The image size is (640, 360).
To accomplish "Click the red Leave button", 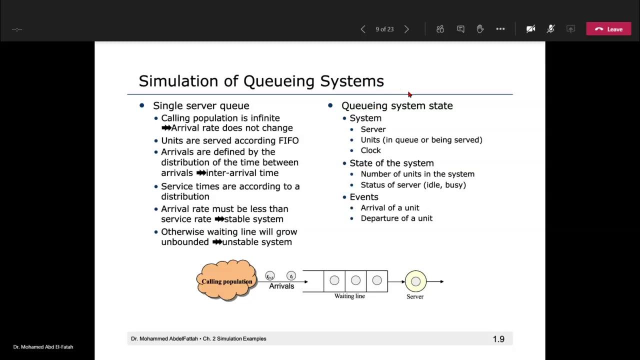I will [608, 29].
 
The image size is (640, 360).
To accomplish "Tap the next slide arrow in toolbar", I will [406, 29].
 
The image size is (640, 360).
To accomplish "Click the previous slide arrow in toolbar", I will [363, 29].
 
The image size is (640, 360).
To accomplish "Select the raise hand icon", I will [480, 29].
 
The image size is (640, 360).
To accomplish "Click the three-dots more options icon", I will [500, 29].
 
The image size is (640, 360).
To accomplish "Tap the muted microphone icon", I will [550, 29].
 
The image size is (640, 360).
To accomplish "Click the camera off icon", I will [530, 29].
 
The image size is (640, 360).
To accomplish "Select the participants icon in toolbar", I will [440, 29].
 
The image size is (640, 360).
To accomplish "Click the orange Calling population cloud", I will [226, 280].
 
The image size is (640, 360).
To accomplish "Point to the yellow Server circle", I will [415, 281].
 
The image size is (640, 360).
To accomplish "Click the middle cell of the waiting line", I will [355, 281].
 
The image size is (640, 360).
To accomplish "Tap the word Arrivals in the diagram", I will [281, 286].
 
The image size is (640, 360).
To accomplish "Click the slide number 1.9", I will [498, 339].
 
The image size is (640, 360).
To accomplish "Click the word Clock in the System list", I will [370, 150].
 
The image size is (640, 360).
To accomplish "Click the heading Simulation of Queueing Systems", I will [261, 81].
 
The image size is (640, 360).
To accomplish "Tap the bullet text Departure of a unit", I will [396, 218].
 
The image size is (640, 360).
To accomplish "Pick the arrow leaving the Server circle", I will [435, 281].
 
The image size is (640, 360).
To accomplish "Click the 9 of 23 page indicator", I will [384, 29].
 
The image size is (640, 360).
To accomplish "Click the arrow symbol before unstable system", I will [217, 242].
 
